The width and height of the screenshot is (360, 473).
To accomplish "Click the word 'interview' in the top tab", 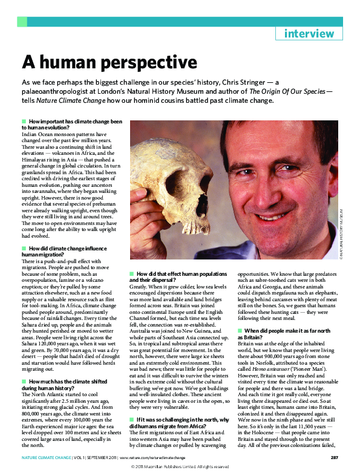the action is tap(309, 34).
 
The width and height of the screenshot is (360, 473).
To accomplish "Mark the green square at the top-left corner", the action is tap(22, 22).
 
